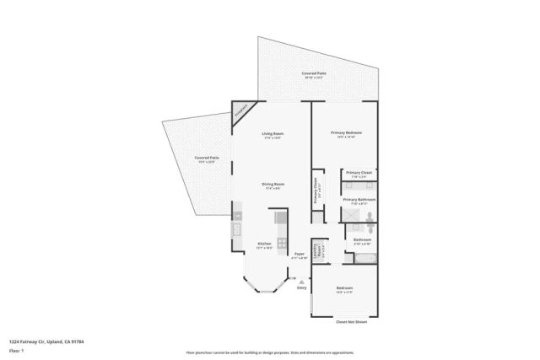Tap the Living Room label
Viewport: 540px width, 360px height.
tap(271, 135)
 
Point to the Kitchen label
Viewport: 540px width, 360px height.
tap(264, 245)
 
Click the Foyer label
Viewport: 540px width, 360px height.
tap(299, 254)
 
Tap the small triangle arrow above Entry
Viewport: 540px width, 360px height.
tap(301, 281)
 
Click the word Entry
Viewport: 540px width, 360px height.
tap(301, 288)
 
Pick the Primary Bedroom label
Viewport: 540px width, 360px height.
tap(346, 133)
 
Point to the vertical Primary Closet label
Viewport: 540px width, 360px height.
tap(316, 191)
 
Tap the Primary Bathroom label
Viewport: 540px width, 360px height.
tap(359, 201)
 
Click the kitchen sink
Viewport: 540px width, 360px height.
tap(237, 230)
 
